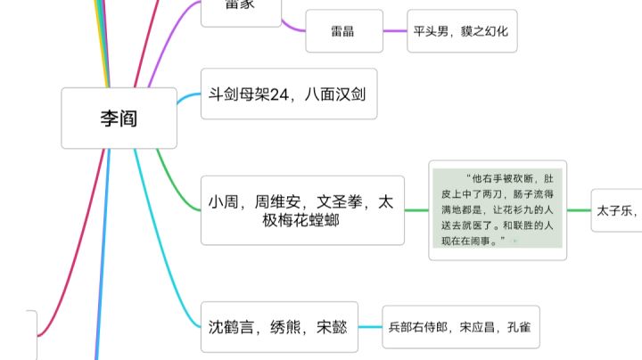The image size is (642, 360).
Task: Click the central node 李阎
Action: [119, 118]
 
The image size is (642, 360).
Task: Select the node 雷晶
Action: [343, 31]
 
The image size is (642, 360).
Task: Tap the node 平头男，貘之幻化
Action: [460, 31]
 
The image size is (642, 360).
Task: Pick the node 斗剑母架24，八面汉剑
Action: [289, 94]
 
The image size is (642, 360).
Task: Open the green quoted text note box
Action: [498, 210]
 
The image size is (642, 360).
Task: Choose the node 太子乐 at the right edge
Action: [616, 210]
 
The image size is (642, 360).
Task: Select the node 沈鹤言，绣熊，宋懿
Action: [277, 327]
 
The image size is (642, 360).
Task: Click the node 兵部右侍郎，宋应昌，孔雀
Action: [460, 327]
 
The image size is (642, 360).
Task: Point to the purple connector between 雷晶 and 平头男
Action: [395, 31]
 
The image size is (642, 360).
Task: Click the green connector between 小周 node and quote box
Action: [416, 211]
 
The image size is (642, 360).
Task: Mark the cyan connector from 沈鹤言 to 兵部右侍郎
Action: [369, 327]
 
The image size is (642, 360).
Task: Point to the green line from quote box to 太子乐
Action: [579, 210]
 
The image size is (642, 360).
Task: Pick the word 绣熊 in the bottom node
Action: [277, 327]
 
